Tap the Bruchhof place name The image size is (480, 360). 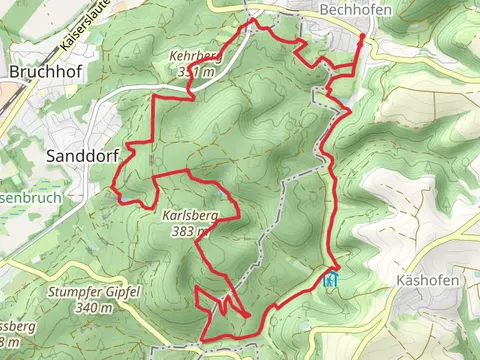point(42,72)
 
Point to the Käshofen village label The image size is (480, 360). point(426,280)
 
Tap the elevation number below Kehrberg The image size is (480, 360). point(195,73)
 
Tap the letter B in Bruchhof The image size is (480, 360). point(13,72)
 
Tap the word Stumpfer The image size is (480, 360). point(72,292)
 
